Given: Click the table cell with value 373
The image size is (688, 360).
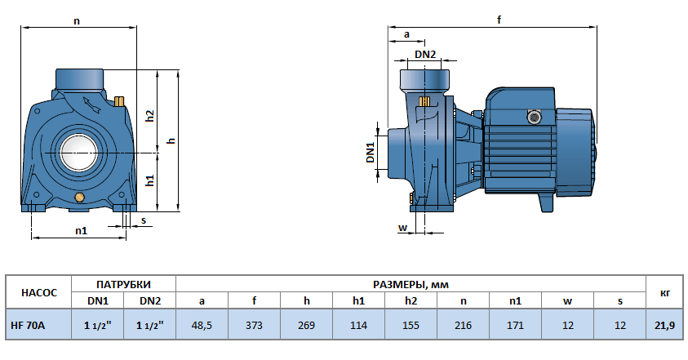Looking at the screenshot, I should pyautogui.click(x=254, y=325).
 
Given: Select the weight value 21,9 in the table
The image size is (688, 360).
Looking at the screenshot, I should pyautogui.click(x=664, y=325).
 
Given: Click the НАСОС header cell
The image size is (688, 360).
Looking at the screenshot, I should pyautogui.click(x=38, y=292).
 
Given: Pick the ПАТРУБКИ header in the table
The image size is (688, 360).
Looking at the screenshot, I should pyautogui.click(x=123, y=284).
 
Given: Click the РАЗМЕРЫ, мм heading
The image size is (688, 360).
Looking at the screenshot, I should pyautogui.click(x=411, y=284).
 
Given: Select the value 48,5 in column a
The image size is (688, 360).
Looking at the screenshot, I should pyautogui.click(x=202, y=325).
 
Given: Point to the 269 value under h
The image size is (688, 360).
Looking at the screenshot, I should pyautogui.click(x=306, y=325).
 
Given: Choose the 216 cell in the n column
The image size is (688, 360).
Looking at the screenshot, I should pyautogui.click(x=463, y=325).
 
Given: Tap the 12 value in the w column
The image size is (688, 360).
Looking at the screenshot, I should pyautogui.click(x=567, y=325).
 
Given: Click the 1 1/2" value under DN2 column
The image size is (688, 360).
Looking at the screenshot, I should pyautogui.click(x=149, y=325).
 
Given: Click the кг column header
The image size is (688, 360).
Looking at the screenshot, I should pyautogui.click(x=664, y=292).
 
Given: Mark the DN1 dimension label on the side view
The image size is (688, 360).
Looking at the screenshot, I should pyautogui.click(x=370, y=153).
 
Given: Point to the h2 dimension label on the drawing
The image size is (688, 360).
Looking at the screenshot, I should pyautogui.click(x=150, y=116).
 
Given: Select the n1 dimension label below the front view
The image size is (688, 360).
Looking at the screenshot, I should pyautogui.click(x=81, y=231).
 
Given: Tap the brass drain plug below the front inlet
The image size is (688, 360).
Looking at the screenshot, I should pyautogui.click(x=79, y=198).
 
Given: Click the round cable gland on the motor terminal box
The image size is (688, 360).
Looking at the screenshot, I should pyautogui.click(x=535, y=117).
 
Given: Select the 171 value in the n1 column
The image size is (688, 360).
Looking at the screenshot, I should pyautogui.click(x=515, y=325).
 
